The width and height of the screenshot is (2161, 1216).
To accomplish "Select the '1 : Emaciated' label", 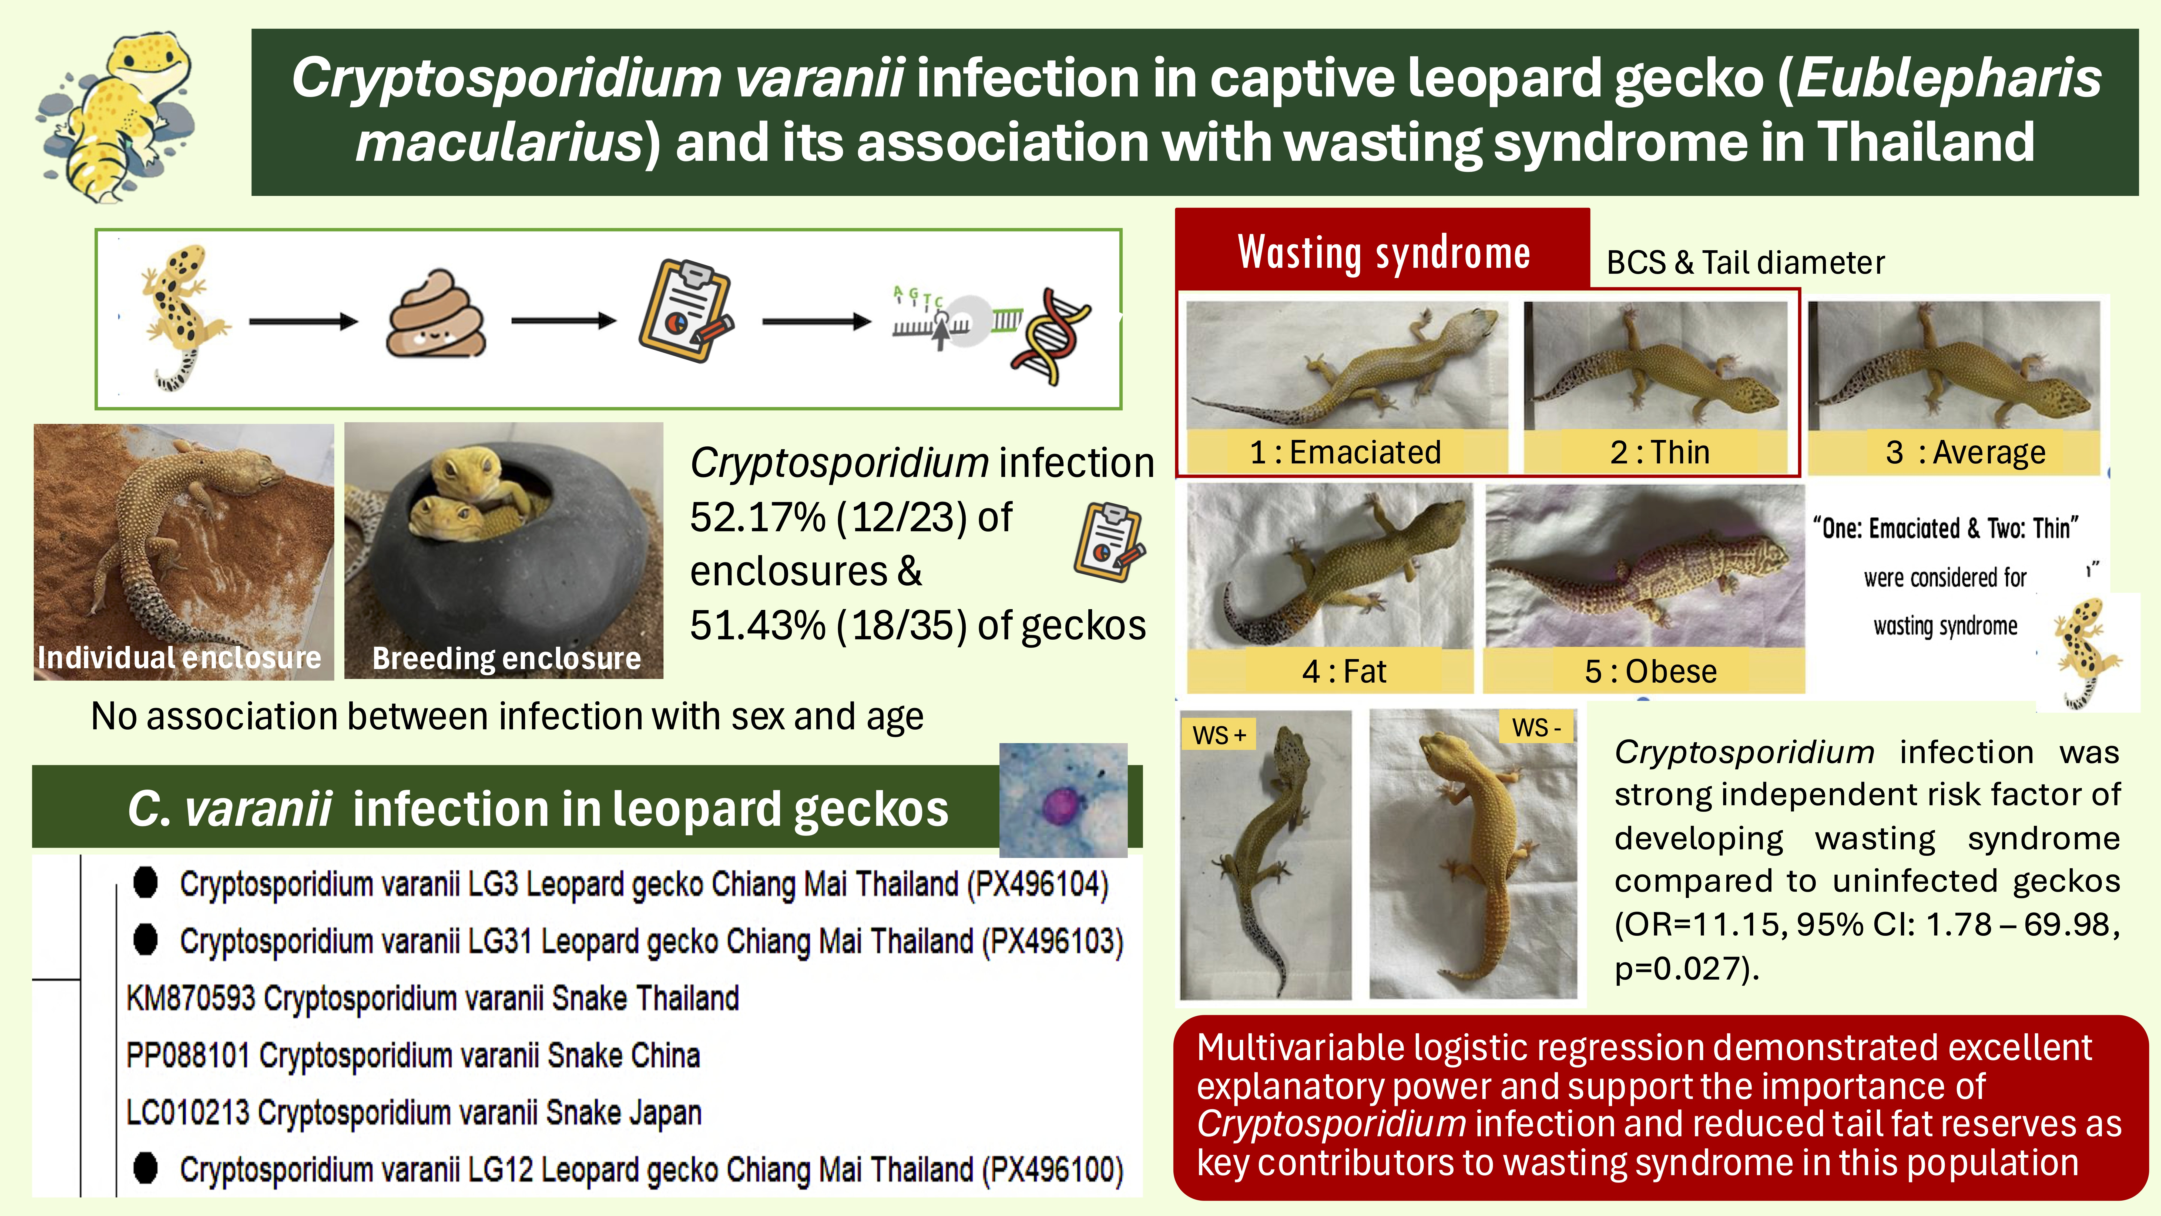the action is [x=1345, y=452].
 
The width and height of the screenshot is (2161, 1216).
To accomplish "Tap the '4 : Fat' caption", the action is [x=1344, y=671].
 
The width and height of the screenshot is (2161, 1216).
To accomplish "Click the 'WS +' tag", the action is [x=1219, y=735].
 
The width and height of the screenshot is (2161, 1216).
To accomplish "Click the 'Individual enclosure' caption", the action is [x=180, y=658].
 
